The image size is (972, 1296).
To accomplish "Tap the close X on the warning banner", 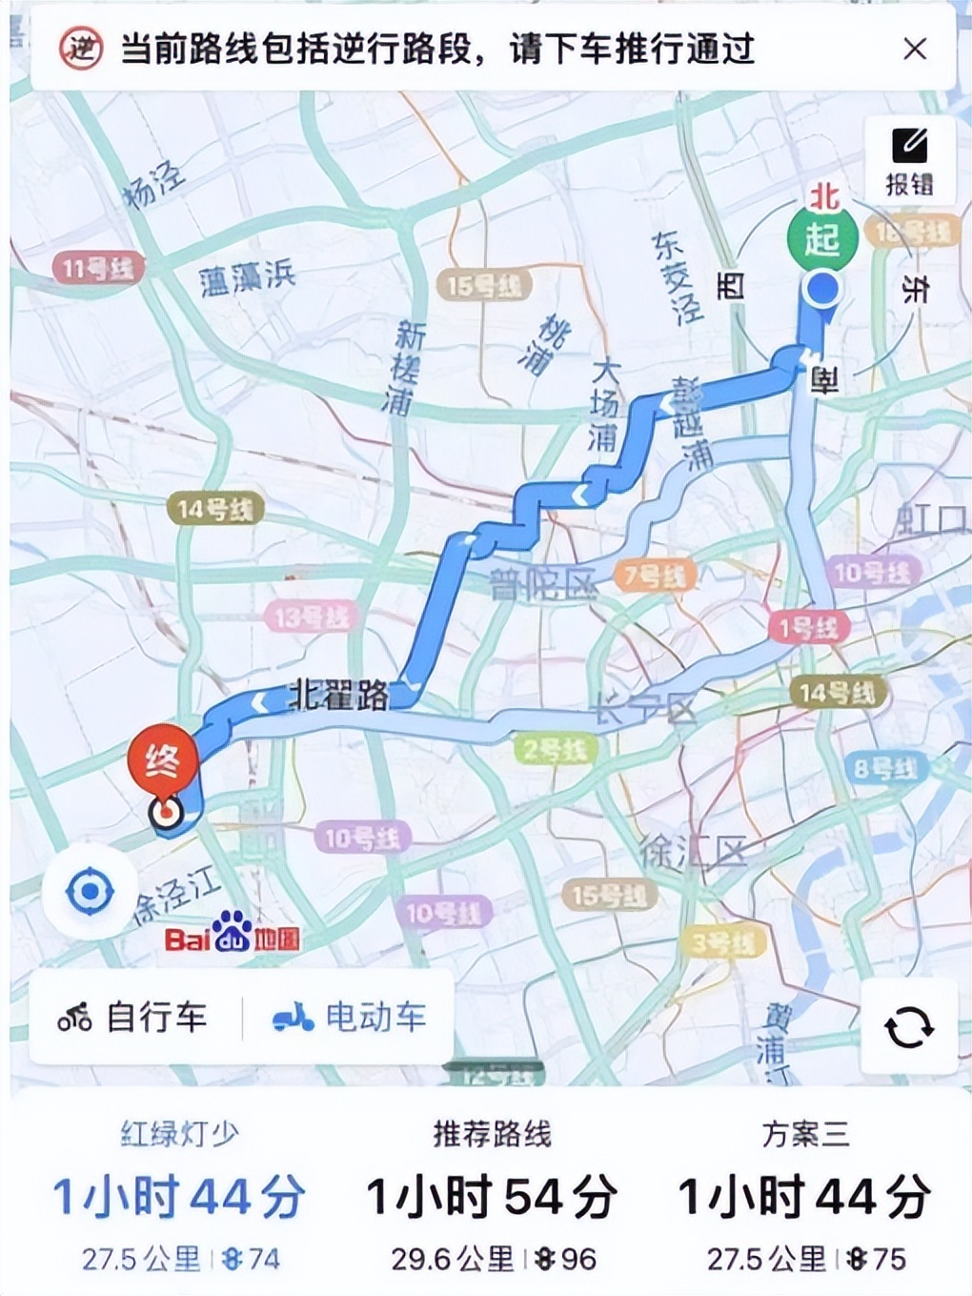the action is [915, 49].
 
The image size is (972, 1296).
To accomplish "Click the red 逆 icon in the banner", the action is [80, 48].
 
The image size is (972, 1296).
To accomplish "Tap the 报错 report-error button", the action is [909, 160].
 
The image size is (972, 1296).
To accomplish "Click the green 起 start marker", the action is [821, 238].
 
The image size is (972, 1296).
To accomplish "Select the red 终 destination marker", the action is [163, 760].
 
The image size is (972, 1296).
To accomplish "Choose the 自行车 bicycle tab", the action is [132, 1017].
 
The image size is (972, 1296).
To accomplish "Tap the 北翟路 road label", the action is [339, 697].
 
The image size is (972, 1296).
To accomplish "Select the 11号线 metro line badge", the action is [97, 268].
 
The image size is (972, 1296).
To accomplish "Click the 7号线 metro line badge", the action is [654, 576].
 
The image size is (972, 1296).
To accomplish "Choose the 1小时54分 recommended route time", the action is [492, 1197].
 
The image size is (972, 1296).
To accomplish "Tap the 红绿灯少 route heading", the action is [178, 1134].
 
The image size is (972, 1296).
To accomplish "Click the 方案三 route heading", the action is [804, 1134].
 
